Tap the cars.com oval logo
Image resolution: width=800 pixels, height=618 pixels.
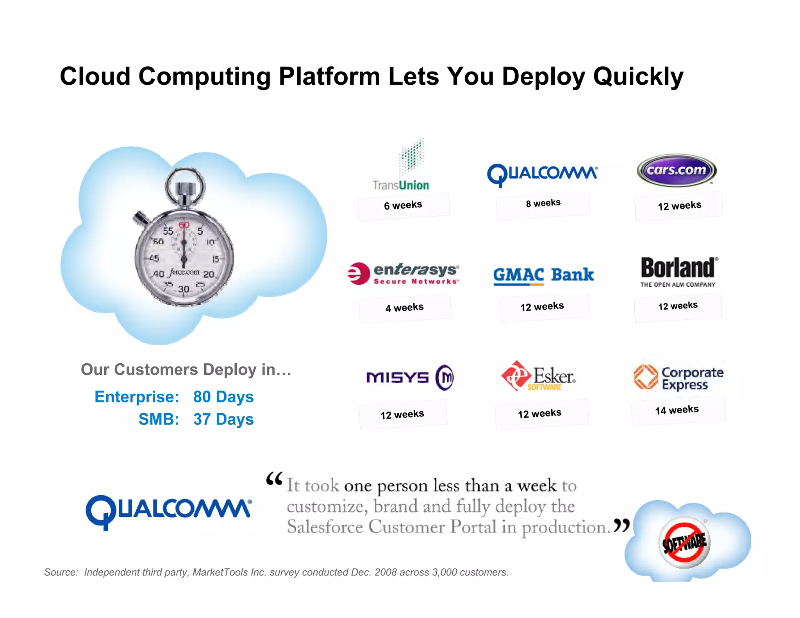[677, 171]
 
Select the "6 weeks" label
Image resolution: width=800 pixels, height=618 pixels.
[403, 205]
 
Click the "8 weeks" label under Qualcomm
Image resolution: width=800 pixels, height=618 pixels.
[543, 204]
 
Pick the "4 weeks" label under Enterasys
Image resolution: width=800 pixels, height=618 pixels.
[405, 308]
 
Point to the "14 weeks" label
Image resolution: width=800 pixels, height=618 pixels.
[677, 410]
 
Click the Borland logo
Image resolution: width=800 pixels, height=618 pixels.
[678, 272]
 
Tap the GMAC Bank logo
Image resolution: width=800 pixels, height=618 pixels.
[543, 275]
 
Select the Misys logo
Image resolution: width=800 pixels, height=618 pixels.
[410, 377]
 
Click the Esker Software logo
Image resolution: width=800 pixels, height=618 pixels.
[538, 377]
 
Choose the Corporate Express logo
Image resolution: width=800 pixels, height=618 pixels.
[678, 378]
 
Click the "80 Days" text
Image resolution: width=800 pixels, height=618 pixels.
[223, 397]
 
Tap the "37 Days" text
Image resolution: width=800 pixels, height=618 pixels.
[223, 420]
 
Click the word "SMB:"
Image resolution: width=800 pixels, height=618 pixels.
[159, 420]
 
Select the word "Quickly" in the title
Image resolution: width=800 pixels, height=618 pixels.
[638, 77]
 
